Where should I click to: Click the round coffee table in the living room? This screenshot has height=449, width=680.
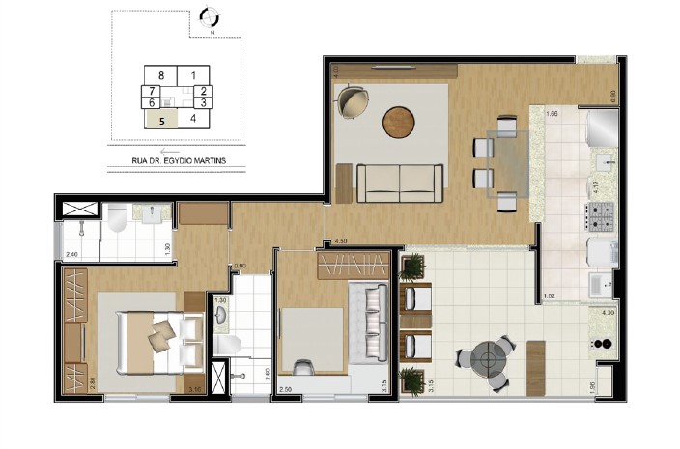pyautogui.click(x=398, y=122)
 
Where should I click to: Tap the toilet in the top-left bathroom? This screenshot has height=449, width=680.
pyautogui.click(x=117, y=220)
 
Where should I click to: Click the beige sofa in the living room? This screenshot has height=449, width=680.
pyautogui.click(x=401, y=182)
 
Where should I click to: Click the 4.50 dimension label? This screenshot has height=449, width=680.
pyautogui.click(x=340, y=241)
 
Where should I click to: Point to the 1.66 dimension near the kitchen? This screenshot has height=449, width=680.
pyautogui.click(x=552, y=115)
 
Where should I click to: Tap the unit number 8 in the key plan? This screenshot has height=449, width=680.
pyautogui.click(x=162, y=74)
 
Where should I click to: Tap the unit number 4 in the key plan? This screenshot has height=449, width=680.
pyautogui.click(x=193, y=119)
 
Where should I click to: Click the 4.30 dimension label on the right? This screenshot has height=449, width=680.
pyautogui.click(x=608, y=313)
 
